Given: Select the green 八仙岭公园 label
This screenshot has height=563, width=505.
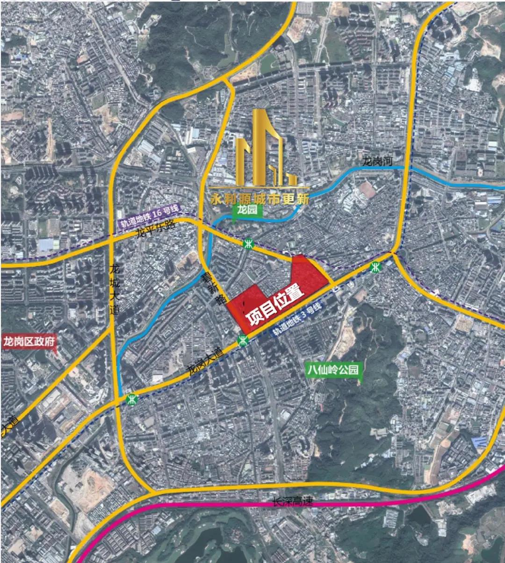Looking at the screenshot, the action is (333, 370).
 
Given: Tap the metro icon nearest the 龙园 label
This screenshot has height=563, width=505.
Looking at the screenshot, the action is (248, 244).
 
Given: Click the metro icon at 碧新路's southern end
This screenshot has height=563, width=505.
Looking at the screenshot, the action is (242, 340).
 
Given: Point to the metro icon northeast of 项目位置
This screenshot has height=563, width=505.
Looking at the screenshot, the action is (375, 267).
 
